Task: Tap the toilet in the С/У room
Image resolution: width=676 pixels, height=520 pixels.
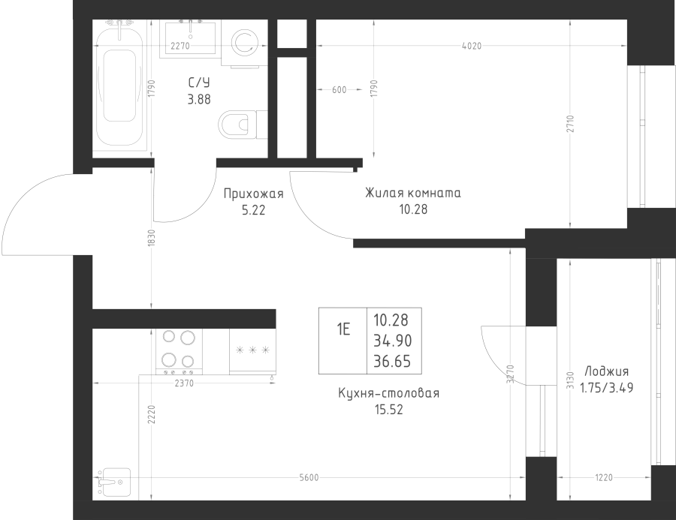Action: [243, 125]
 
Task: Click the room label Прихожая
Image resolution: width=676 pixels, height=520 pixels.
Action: [254, 194]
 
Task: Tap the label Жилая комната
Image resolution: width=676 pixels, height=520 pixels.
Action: [413, 193]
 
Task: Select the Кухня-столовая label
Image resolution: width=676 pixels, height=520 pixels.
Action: [389, 393]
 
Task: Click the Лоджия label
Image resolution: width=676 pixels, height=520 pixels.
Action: [607, 371]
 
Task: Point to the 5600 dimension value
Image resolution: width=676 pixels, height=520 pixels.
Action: [309, 477]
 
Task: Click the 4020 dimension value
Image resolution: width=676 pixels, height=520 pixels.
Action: [471, 46]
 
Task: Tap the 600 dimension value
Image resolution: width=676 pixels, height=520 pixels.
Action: [340, 89]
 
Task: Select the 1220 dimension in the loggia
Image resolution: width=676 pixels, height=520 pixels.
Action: [604, 477]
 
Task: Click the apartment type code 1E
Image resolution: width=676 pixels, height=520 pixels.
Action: [343, 329]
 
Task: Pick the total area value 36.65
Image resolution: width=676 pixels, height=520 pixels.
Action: [392, 361]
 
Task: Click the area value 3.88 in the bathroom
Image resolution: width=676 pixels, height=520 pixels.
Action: [199, 99]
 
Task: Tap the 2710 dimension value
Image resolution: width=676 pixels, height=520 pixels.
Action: [570, 124]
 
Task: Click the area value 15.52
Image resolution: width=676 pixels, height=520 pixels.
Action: [389, 409]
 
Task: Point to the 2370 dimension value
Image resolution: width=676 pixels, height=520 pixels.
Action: [184, 383]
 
